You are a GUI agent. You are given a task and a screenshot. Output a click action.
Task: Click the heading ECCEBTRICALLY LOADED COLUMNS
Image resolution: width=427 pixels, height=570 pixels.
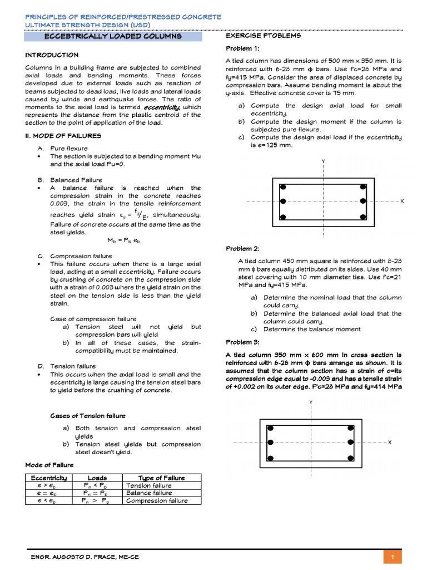113,36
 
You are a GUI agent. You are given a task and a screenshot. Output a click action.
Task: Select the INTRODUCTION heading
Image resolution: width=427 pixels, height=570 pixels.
52,55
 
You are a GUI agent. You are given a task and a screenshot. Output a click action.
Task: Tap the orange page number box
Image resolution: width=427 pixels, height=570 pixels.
393,557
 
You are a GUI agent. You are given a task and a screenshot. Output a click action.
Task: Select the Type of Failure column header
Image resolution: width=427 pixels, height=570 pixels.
161,478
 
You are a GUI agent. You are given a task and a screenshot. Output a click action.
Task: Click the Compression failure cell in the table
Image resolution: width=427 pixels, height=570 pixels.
157,500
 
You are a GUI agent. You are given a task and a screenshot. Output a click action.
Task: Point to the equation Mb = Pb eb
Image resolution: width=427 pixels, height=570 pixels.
124,240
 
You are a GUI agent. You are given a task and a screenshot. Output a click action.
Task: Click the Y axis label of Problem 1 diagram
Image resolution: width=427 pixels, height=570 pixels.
323,161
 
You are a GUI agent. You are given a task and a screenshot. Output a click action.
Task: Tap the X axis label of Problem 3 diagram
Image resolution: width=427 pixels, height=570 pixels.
389,442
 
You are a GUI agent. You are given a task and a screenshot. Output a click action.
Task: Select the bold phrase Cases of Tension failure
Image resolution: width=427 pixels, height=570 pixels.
88,416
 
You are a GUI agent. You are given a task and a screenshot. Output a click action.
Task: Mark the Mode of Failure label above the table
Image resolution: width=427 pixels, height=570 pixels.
49,465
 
